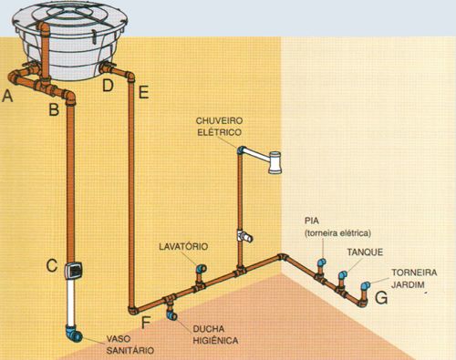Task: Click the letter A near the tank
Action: (x=9, y=94)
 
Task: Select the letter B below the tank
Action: (x=54, y=109)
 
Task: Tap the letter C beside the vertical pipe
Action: (x=53, y=266)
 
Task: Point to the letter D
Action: (x=108, y=86)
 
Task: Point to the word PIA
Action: (x=312, y=221)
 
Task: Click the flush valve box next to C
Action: (x=76, y=269)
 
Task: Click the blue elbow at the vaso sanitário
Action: (x=78, y=334)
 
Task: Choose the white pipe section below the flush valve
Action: (x=69, y=301)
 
